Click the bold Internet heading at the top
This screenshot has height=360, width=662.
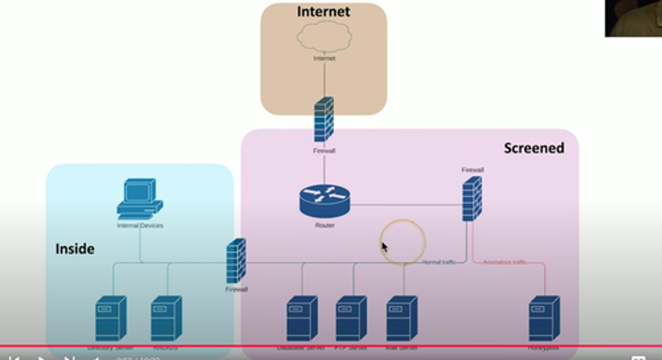click(x=323, y=11)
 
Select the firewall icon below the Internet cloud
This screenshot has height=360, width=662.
click(x=324, y=120)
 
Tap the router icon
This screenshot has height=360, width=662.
click(x=325, y=200)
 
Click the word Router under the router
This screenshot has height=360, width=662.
click(x=325, y=225)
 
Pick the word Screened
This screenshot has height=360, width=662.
click(x=534, y=148)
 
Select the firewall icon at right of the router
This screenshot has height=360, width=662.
click(x=472, y=199)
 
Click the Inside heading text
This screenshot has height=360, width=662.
click(x=75, y=249)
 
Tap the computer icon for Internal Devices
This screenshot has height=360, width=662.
click(x=139, y=199)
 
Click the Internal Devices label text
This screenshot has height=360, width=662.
click(x=140, y=226)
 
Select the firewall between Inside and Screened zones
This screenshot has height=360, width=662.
click(x=236, y=261)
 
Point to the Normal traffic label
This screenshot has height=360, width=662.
click(x=439, y=262)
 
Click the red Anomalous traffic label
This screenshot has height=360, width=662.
click(x=504, y=262)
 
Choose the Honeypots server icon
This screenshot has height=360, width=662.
click(x=544, y=318)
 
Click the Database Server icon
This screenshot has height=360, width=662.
click(x=302, y=318)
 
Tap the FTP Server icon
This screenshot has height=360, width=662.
click(x=351, y=318)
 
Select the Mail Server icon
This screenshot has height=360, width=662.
click(x=401, y=318)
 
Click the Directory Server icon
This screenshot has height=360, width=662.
click(x=111, y=318)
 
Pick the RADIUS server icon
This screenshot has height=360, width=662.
click(x=166, y=318)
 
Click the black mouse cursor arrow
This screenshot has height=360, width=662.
click(x=384, y=247)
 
